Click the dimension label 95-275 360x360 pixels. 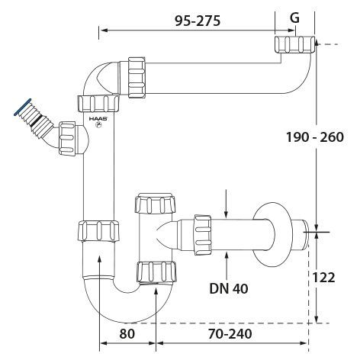tap(198, 21)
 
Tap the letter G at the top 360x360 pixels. tap(294, 18)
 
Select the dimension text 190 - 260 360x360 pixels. tap(315, 137)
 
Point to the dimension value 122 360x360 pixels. tap(323, 277)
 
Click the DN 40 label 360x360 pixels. tap(229, 288)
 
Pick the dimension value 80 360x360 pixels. tap(127, 333)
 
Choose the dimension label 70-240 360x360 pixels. tap(230, 333)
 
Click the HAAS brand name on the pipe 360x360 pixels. tap(98, 119)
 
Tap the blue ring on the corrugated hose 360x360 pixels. tap(23, 107)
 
